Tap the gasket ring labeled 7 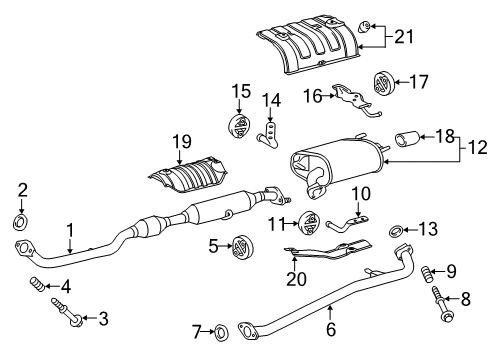point(221,329)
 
